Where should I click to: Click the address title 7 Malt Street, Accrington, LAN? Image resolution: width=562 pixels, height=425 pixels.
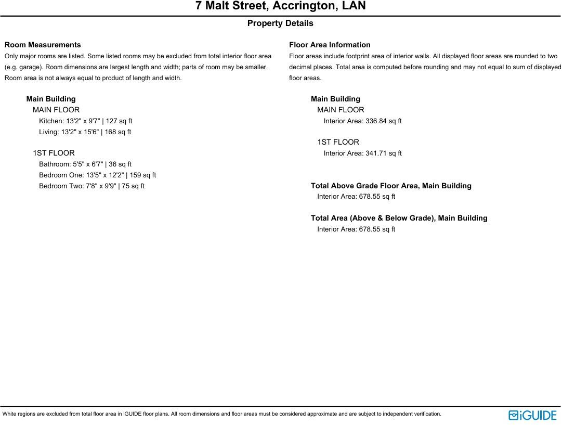tap(280, 6)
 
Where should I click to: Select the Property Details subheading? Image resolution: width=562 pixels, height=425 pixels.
tap(280, 23)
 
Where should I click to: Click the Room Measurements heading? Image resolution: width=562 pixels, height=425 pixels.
tap(43, 45)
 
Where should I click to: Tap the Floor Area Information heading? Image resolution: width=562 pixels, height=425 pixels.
tap(330, 45)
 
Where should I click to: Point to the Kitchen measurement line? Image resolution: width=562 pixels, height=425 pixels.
tap(86, 121)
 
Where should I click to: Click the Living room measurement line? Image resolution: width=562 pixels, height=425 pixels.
tap(85, 132)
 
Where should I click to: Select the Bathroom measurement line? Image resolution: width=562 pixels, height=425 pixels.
tap(85, 164)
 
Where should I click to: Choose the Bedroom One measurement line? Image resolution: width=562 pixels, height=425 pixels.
tap(97, 175)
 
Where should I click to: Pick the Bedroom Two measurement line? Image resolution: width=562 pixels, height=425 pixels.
tap(92, 186)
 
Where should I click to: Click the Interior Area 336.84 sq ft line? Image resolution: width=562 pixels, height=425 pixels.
tap(362, 121)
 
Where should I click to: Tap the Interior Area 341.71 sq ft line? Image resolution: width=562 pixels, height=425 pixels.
tap(362, 153)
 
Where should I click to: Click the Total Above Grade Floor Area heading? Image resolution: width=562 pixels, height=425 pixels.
tap(391, 186)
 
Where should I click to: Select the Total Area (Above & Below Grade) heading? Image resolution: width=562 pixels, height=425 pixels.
tap(399, 218)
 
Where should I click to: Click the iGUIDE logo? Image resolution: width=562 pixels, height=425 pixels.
tap(532, 415)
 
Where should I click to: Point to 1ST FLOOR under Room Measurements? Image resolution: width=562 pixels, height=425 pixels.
tap(54, 153)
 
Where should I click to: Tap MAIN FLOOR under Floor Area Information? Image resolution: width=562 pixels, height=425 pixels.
tap(341, 110)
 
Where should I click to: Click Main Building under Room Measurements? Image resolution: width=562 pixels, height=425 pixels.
tap(51, 99)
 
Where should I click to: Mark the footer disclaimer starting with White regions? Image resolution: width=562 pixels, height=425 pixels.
tap(221, 414)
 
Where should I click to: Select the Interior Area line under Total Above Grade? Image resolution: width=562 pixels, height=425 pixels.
tap(356, 197)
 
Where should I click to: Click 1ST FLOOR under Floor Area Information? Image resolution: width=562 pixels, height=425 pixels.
tap(338, 142)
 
